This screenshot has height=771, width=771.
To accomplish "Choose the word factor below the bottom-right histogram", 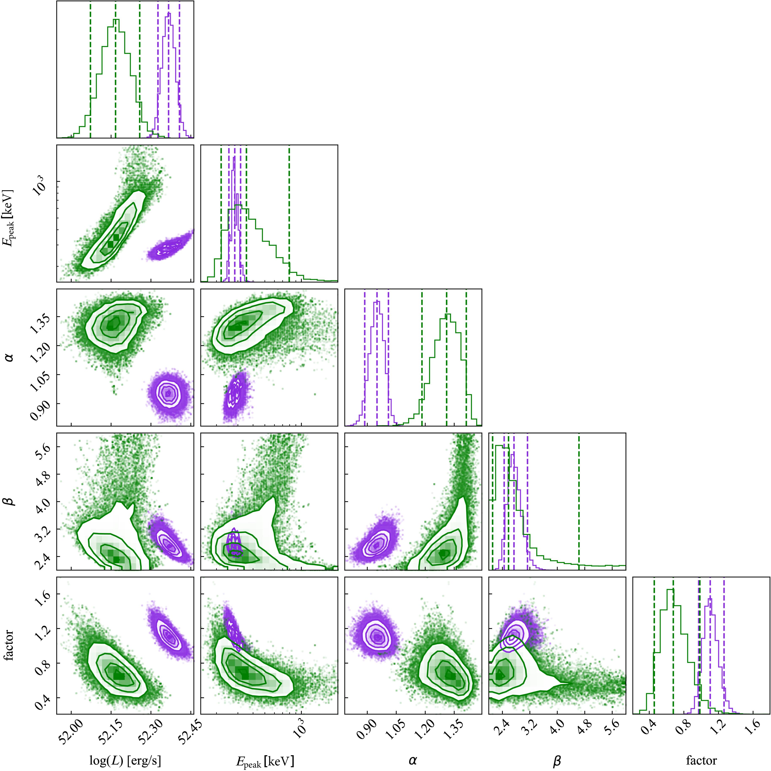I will coord(701,749).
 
